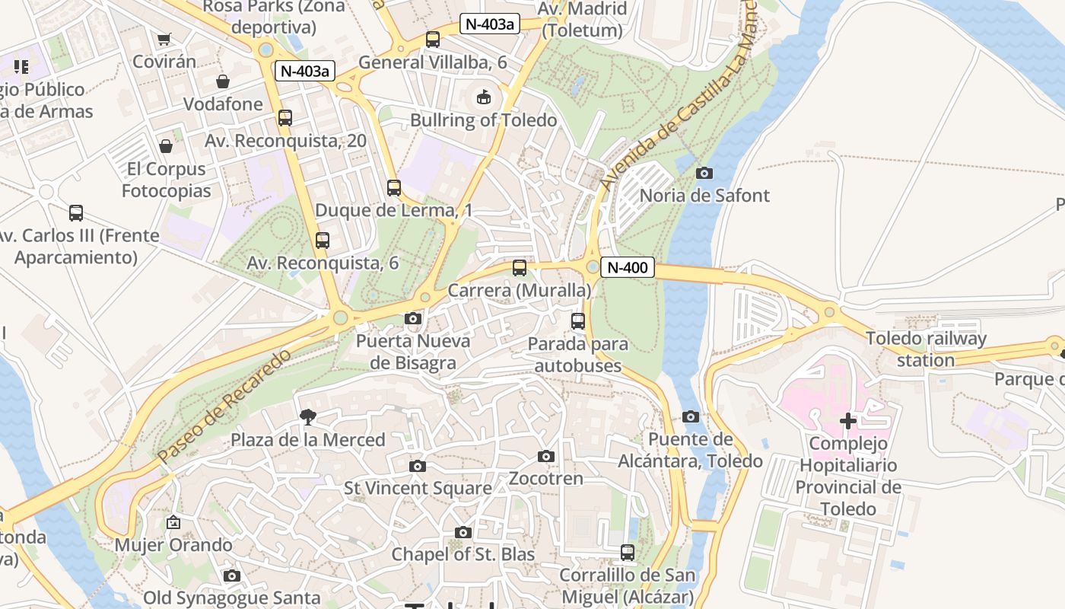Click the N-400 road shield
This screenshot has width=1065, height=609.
click(628, 267)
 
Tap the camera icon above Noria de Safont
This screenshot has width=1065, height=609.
click(704, 173)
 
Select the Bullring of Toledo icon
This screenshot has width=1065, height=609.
click(483, 97)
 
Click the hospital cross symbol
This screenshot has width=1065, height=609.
click(848, 421)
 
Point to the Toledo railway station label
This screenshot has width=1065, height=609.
click(926, 349)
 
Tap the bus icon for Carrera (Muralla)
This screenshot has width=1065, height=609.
click(520, 267)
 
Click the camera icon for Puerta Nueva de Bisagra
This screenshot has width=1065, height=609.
click(413, 318)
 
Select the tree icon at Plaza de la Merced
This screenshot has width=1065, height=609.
click(308, 416)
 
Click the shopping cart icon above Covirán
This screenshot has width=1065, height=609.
click(164, 39)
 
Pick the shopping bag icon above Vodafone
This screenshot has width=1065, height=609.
click(223, 81)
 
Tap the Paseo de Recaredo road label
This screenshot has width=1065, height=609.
click(224, 407)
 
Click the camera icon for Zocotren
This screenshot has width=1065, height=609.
click(545, 456)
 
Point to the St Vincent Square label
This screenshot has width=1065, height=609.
click(418, 488)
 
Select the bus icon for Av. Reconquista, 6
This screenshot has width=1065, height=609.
click(323, 241)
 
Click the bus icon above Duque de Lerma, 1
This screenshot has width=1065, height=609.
click(394, 187)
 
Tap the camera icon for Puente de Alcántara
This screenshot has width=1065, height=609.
click(691, 416)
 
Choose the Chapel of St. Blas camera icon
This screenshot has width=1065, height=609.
click(463, 532)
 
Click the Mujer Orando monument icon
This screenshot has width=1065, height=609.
click(173, 522)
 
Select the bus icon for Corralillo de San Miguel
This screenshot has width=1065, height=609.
click(628, 552)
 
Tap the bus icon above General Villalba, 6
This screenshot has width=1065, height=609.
click(433, 39)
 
